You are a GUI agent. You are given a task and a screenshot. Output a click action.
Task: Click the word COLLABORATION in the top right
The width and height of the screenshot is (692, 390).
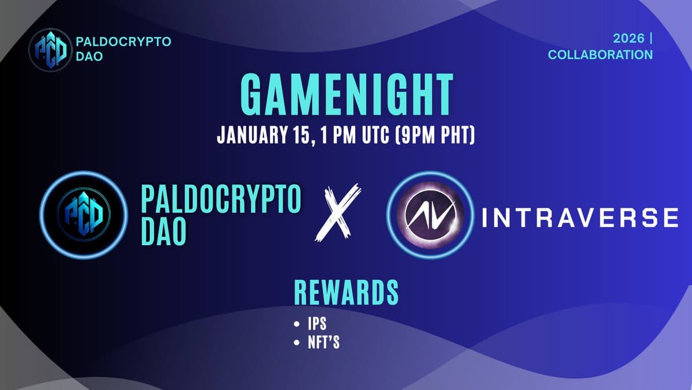[x=600, y=55]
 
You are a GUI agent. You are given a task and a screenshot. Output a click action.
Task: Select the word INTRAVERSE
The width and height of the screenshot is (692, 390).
[x=578, y=218]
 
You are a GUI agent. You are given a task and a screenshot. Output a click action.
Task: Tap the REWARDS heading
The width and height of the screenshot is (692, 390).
[x=346, y=292]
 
